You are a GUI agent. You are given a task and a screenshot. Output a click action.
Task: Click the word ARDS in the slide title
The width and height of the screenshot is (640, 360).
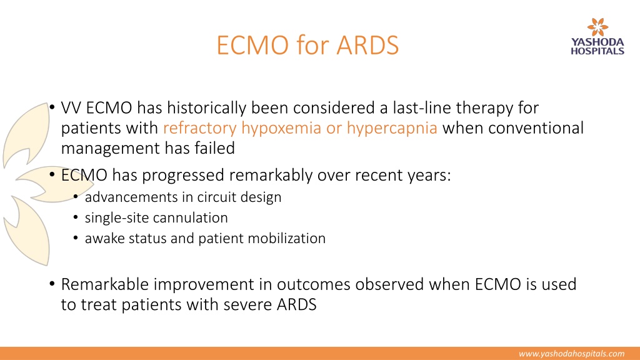(x=367, y=45)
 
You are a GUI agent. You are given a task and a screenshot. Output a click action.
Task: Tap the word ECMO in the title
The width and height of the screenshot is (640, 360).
(x=252, y=45)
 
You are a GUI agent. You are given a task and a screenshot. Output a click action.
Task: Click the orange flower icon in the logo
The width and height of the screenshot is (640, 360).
(x=597, y=27)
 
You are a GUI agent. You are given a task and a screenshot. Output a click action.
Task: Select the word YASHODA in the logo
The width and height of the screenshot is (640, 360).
(x=597, y=42)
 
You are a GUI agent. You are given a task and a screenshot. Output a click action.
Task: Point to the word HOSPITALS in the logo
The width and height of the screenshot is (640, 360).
(x=597, y=51)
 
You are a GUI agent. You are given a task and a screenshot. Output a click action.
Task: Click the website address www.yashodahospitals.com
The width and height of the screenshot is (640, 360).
(x=571, y=354)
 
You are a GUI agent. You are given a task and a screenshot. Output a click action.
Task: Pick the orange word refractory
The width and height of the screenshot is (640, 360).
(x=199, y=128)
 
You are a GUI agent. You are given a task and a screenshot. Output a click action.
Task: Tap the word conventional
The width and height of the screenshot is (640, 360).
(x=536, y=128)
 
